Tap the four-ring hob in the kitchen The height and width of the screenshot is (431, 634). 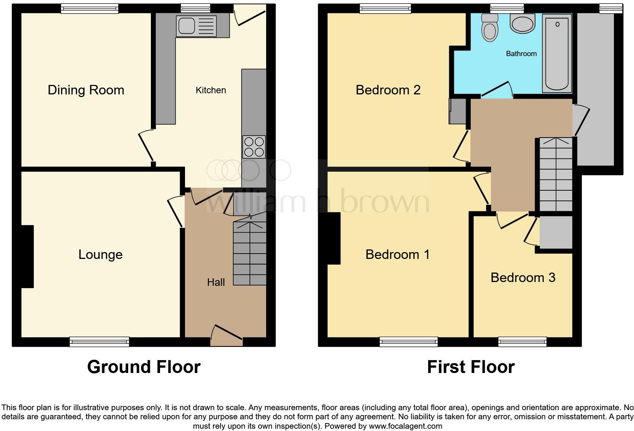(x=254, y=147)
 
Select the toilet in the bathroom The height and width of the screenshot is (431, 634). (x=489, y=27)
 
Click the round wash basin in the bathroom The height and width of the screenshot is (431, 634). (x=523, y=24)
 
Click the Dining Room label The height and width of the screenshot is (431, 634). (x=86, y=90)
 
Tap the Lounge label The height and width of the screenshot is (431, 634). (x=100, y=255)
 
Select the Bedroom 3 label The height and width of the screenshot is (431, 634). (x=523, y=278)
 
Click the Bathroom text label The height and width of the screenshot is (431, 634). (x=521, y=54)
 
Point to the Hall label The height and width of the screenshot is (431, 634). (x=216, y=282)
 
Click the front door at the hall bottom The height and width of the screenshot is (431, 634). (x=227, y=334)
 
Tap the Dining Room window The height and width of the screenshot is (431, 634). (x=89, y=8)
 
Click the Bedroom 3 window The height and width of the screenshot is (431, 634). (x=522, y=342)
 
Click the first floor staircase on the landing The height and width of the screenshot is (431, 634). (x=556, y=174)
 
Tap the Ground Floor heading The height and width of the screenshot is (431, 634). (x=144, y=367)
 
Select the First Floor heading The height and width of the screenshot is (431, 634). (x=471, y=367)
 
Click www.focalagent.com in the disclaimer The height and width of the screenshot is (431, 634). (x=405, y=426)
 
